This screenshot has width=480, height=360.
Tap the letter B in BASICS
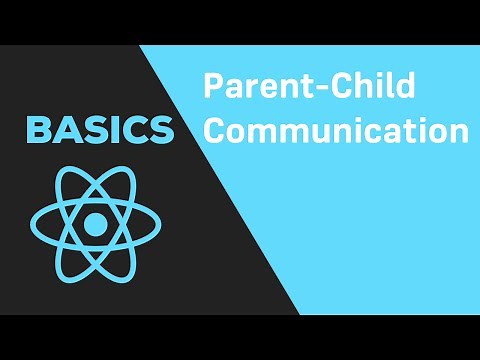(39, 129)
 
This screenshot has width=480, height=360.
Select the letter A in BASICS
(66, 129)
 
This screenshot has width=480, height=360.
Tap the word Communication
(336, 131)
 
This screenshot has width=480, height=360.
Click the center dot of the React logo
(94, 225)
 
